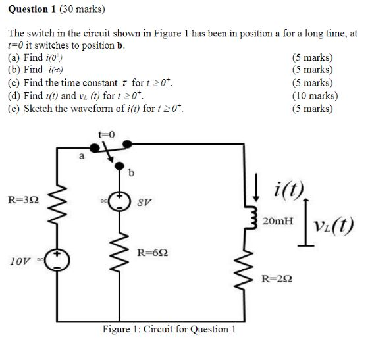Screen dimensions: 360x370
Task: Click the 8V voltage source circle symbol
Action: (x=119, y=201)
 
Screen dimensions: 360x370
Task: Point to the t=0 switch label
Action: (x=106, y=134)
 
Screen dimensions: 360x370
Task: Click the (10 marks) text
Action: (x=314, y=95)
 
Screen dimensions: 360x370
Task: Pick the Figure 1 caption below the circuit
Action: (x=169, y=329)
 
